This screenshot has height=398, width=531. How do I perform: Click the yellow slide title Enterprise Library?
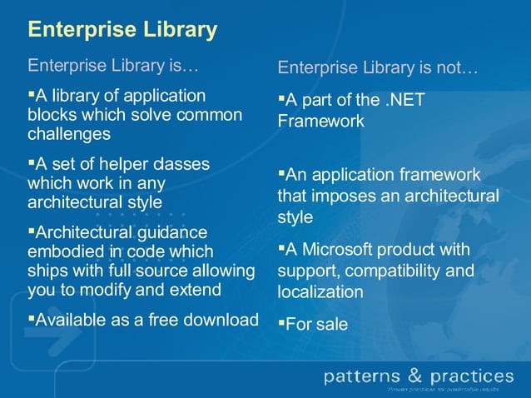(x=122, y=30)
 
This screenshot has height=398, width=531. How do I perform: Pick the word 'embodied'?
(x=63, y=251)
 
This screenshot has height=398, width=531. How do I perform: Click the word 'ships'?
(x=47, y=271)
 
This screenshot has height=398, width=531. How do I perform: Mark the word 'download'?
(x=217, y=319)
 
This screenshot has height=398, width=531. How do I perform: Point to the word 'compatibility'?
(x=394, y=271)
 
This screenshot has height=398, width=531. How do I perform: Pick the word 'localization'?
(x=320, y=292)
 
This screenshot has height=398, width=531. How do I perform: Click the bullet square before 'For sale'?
(x=281, y=322)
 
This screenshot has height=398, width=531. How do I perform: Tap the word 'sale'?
(x=332, y=325)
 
